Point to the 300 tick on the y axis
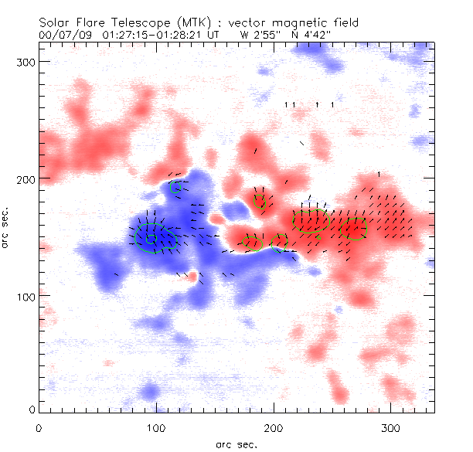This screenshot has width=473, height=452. (x=27, y=61)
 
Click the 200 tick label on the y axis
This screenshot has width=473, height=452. (x=27, y=178)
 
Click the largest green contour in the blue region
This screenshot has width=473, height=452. (x=155, y=239)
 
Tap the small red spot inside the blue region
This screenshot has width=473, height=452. (x=192, y=275)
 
